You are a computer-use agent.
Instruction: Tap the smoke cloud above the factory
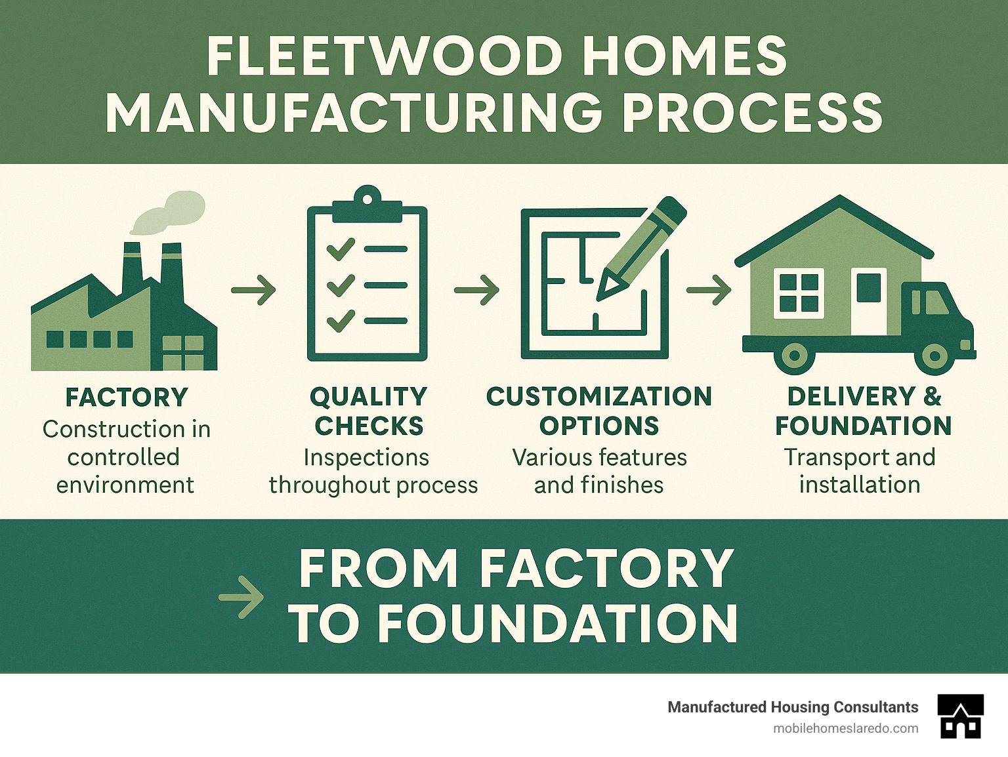tap(169, 211)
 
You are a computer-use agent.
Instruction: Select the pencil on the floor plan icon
tap(640, 249)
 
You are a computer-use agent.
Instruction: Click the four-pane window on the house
tap(799, 293)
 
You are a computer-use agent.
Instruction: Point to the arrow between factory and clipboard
tap(253, 289)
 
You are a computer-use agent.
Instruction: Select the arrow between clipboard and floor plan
tap(476, 289)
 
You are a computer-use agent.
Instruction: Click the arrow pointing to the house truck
tap(709, 289)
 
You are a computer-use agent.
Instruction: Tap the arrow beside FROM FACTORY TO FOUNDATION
tap(241, 597)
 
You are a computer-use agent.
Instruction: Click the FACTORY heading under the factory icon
tap(127, 398)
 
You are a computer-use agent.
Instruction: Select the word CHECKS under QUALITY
tap(369, 426)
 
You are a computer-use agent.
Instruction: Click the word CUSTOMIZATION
tap(599, 397)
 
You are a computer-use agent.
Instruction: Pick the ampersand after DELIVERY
tap(933, 397)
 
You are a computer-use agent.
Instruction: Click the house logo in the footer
tap(961, 716)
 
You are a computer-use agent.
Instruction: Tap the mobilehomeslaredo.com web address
tap(845, 728)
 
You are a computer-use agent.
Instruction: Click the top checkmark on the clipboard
tap(341, 249)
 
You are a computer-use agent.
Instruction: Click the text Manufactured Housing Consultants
tap(793, 707)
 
